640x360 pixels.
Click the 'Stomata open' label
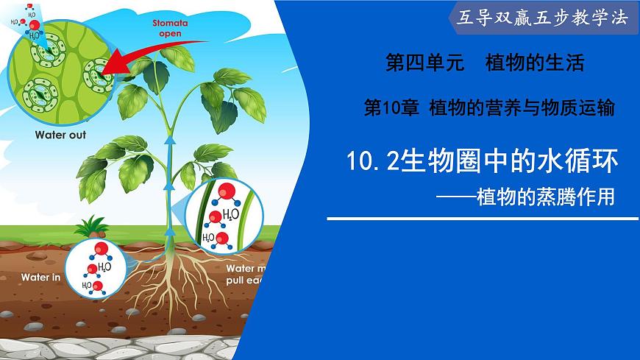pos(170,28)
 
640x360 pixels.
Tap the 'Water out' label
pos(60,135)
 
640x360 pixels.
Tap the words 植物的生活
pos(535,64)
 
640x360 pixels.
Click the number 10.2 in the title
pos(371,161)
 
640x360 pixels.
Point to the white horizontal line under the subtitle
pos(482,218)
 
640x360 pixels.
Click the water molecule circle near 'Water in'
pos(93,267)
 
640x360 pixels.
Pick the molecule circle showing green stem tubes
pos(222,215)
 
